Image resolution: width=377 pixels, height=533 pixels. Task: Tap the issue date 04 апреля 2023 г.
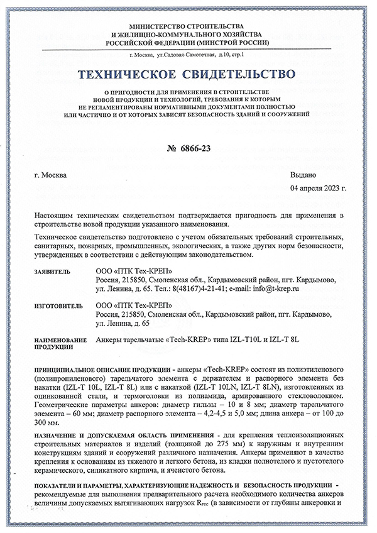318,188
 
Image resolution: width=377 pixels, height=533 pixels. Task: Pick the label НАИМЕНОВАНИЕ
60,340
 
